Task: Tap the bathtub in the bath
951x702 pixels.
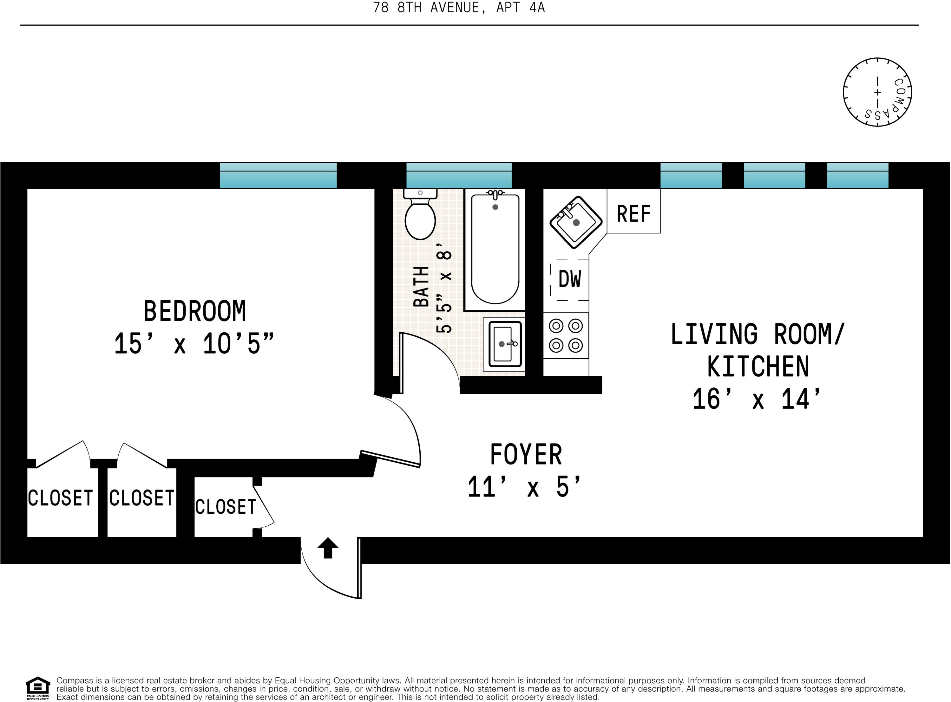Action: [x=495, y=250]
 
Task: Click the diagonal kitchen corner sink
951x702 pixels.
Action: [x=576, y=222]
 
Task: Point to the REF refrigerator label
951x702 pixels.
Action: [x=633, y=214]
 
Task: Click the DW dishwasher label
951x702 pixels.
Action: [x=569, y=279]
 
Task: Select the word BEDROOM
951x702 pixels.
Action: [x=195, y=311]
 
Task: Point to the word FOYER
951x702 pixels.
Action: [x=526, y=454]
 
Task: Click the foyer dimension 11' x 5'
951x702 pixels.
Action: [x=524, y=487]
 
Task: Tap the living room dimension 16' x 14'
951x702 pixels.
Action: [x=757, y=399]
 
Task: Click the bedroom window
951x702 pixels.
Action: [x=278, y=176]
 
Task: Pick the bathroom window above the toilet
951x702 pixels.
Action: [x=459, y=176]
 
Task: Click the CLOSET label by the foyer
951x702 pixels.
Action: [x=225, y=507]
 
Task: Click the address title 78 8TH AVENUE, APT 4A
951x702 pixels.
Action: [x=459, y=8]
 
